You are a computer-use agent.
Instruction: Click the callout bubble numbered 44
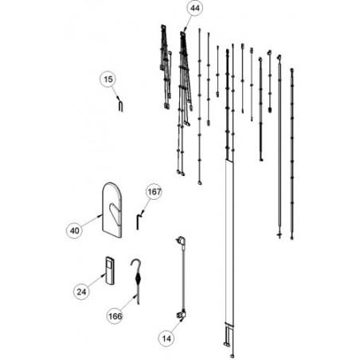(x=194, y=8)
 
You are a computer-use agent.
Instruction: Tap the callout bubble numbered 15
(x=108, y=79)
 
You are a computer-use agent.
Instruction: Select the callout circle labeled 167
(x=155, y=191)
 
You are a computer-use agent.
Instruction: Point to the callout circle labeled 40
(x=74, y=230)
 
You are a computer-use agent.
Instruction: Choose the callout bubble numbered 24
(x=81, y=292)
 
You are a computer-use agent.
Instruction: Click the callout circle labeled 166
(x=115, y=316)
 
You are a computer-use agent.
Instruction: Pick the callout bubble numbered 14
(x=166, y=338)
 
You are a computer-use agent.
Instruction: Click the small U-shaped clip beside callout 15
(x=120, y=104)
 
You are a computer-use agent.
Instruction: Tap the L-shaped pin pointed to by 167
(x=139, y=222)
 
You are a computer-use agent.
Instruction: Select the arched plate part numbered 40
(x=112, y=209)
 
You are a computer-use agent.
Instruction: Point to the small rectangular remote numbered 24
(x=109, y=270)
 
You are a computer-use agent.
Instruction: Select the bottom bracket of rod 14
(x=182, y=315)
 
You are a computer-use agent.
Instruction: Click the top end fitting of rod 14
(x=181, y=241)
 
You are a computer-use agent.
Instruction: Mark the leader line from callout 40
(x=91, y=222)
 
